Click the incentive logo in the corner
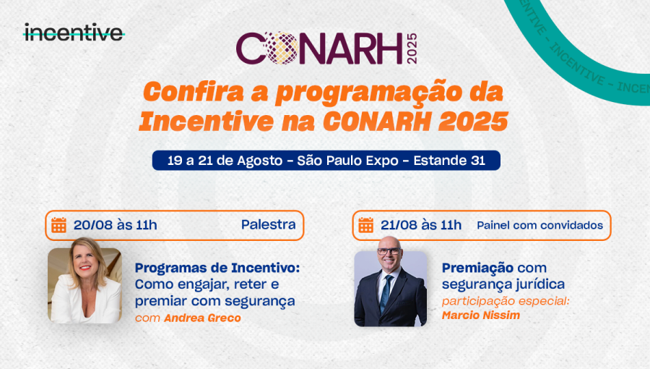tap(74, 33)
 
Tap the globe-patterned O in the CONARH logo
tap(282, 48)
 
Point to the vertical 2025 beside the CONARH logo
tap(412, 48)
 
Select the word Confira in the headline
tap(193, 91)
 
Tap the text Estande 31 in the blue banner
tap(449, 160)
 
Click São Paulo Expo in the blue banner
tap(348, 161)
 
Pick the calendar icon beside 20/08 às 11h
tap(59, 225)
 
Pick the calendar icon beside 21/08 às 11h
tap(366, 225)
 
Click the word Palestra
tap(269, 224)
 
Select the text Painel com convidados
tap(539, 225)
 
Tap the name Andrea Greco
tap(203, 318)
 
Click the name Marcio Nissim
tap(481, 315)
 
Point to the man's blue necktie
tap(386, 293)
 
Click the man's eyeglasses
tap(389, 251)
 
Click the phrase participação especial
tap(506, 301)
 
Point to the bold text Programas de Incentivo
tap(217, 268)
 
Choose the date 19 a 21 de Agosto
tap(225, 161)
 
